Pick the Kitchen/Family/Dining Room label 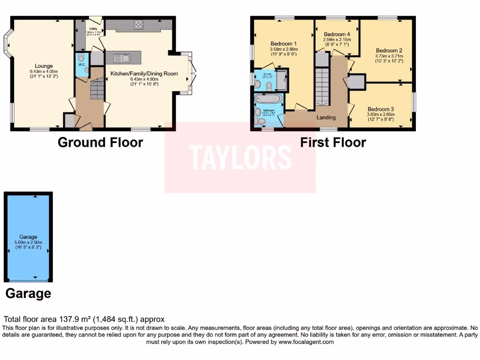coord(144,74)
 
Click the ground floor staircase coord(97,88)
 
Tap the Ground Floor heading coord(100,142)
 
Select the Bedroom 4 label coord(337,34)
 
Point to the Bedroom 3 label coord(381,109)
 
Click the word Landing coord(326,118)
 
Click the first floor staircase coord(322,86)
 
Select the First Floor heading coord(333,142)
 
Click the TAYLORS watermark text coord(240,157)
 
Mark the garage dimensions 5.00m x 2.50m coord(28,243)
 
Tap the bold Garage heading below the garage coord(28,294)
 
